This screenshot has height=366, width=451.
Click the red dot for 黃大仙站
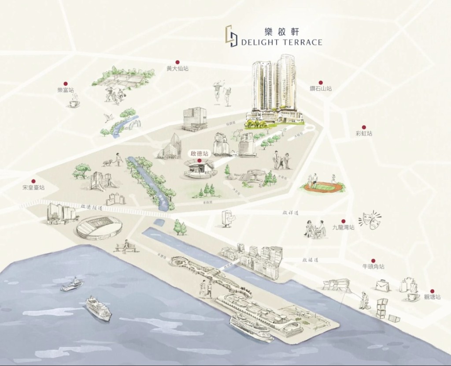(x=177, y=63)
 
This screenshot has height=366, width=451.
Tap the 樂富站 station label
(x=66, y=90)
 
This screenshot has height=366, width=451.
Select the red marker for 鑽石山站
(x=321, y=83)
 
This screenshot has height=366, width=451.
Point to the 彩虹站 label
(x=364, y=133)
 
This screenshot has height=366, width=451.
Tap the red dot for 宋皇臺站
(x=33, y=181)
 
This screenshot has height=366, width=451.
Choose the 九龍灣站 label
(x=343, y=228)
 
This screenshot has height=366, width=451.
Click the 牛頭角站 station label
(x=373, y=267)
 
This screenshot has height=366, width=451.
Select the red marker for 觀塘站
(x=432, y=291)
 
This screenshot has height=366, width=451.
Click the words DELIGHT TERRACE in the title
(x=282, y=42)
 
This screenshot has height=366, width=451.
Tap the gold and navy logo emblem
(x=232, y=36)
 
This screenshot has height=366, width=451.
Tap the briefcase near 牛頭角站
(x=382, y=286)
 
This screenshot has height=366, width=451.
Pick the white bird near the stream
(x=107, y=117)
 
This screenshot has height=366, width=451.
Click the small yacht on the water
(x=72, y=284)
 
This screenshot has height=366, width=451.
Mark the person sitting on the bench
(x=126, y=246)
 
